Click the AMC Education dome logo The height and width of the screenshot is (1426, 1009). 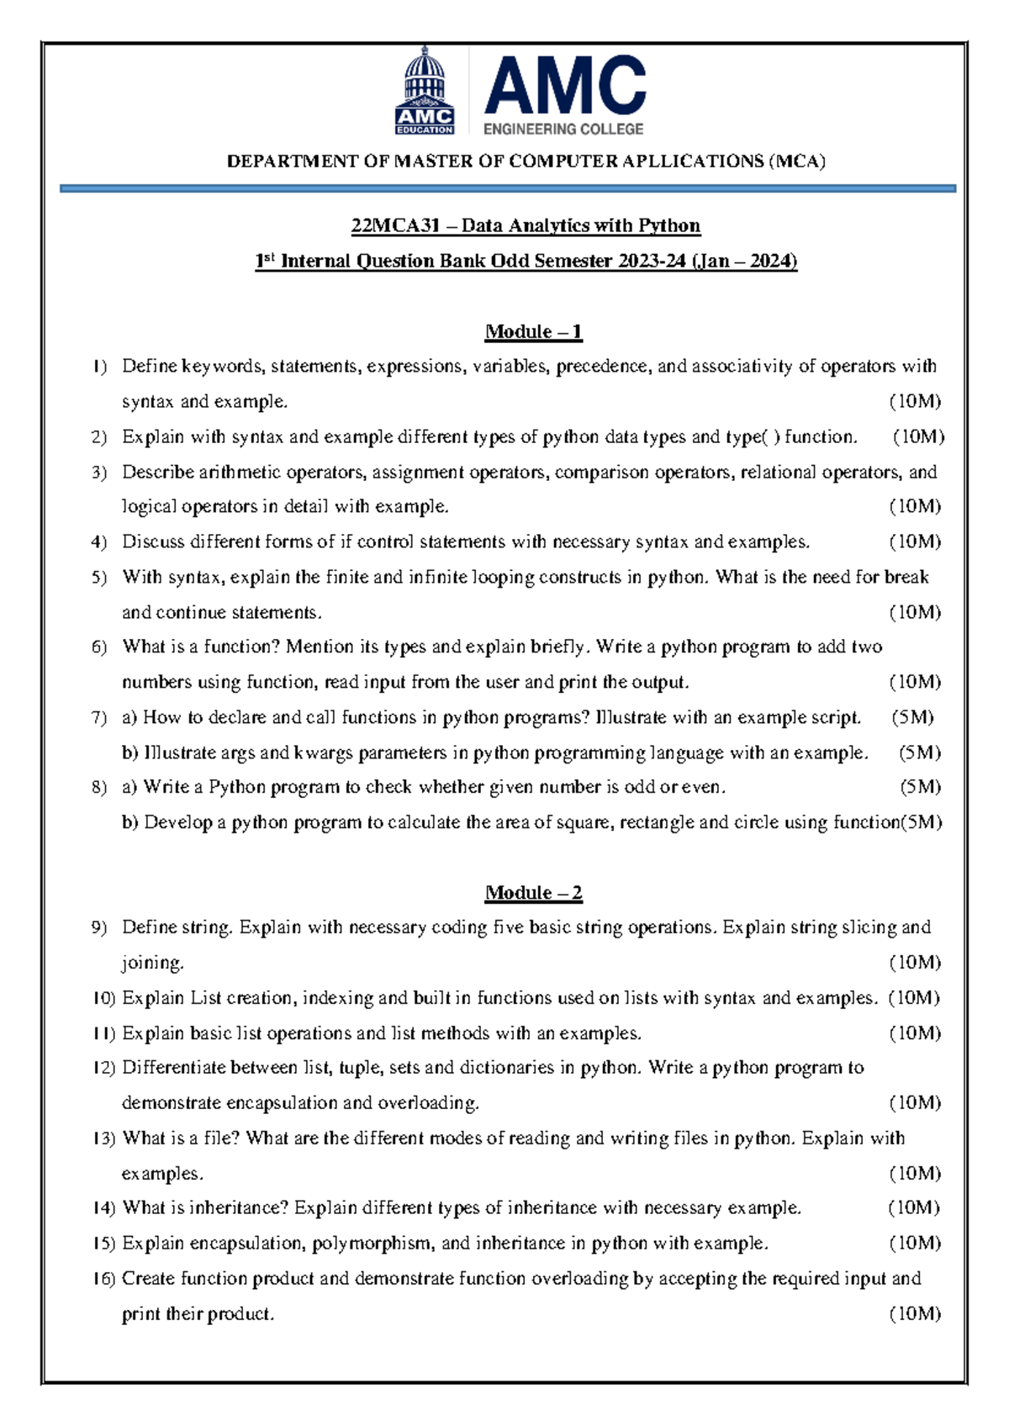click(425, 91)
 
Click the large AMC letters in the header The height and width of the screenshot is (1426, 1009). click(564, 86)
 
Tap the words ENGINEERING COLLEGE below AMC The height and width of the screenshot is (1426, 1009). click(563, 129)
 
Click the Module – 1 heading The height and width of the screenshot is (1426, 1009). click(533, 331)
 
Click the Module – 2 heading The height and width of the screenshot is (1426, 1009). click(533, 892)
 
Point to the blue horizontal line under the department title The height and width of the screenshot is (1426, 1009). click(508, 189)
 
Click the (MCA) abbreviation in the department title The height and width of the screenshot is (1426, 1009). click(796, 161)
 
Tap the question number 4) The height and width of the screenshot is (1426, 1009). click(99, 542)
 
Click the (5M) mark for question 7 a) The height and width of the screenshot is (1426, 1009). click(912, 717)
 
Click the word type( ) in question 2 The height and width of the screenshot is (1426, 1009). click(752, 436)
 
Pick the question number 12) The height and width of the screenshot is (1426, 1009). click(103, 1068)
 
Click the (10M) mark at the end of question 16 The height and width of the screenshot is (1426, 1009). click(915, 1313)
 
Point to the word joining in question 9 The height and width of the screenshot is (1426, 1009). click(151, 963)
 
